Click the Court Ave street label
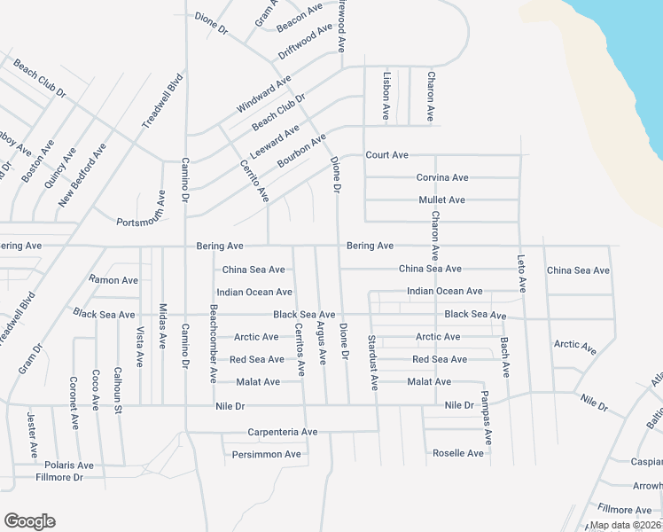click(386, 155)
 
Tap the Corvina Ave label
click(441, 177)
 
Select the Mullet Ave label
click(441, 200)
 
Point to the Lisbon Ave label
click(386, 96)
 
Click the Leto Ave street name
click(521, 273)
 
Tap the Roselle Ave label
click(458, 453)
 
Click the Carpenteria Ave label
click(283, 432)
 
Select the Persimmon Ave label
click(267, 454)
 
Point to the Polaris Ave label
click(70, 465)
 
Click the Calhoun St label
click(117, 388)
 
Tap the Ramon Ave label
click(113, 279)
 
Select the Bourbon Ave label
click(301, 151)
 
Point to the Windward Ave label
click(264, 94)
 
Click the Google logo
click(29, 521)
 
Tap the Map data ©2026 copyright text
click(626, 525)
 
